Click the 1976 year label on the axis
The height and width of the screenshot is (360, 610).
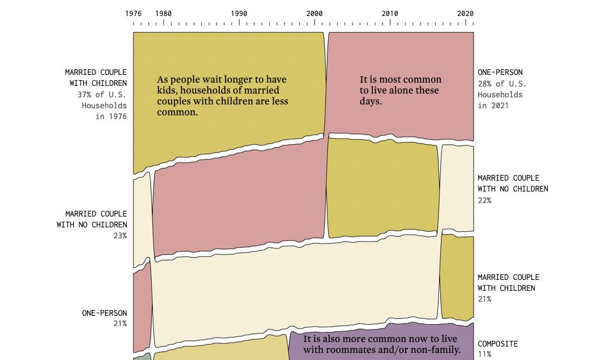133,13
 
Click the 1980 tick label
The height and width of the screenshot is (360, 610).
163,13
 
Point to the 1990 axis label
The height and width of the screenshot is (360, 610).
239,13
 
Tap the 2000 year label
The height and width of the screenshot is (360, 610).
315,13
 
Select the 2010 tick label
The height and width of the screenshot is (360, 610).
390,13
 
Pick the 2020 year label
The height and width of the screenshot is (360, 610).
465,13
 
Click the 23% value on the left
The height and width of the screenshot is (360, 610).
120,236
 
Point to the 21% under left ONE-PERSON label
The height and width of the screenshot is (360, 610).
120,324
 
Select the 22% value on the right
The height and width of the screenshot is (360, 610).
484,200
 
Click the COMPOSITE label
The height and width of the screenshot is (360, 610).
498,344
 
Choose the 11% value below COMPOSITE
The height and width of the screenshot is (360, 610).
484,354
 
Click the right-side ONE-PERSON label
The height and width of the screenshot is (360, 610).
500,72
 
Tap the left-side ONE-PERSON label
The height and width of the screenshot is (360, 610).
104,313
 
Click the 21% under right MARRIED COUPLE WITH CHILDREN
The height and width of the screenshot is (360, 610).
484,299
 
